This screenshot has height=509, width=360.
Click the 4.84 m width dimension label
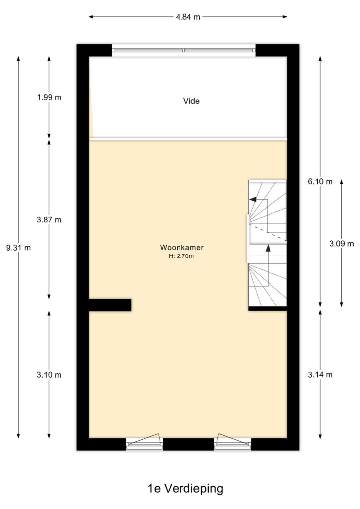point(188,17)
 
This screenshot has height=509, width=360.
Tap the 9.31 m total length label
point(18,248)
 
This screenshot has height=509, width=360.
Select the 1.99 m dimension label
point(49,97)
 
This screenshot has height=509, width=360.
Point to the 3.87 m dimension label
point(49,220)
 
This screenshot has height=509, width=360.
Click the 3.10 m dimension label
point(49,375)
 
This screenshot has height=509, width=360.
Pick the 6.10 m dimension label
point(320,182)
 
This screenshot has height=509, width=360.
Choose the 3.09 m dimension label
point(342,244)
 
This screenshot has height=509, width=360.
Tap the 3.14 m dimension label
point(320,375)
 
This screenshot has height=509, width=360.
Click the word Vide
point(191,101)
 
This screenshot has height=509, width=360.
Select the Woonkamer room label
point(182,247)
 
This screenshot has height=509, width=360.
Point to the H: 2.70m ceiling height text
point(181,256)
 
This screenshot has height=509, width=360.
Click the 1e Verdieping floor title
point(185,488)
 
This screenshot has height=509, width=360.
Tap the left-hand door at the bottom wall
point(144,442)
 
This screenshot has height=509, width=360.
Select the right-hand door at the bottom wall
point(232,442)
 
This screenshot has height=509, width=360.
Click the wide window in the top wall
point(184,50)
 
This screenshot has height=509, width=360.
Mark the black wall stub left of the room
point(110,305)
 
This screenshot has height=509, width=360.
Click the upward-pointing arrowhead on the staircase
point(268,248)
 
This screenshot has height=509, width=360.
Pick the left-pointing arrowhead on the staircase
point(253,199)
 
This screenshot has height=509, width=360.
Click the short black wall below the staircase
point(268,308)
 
